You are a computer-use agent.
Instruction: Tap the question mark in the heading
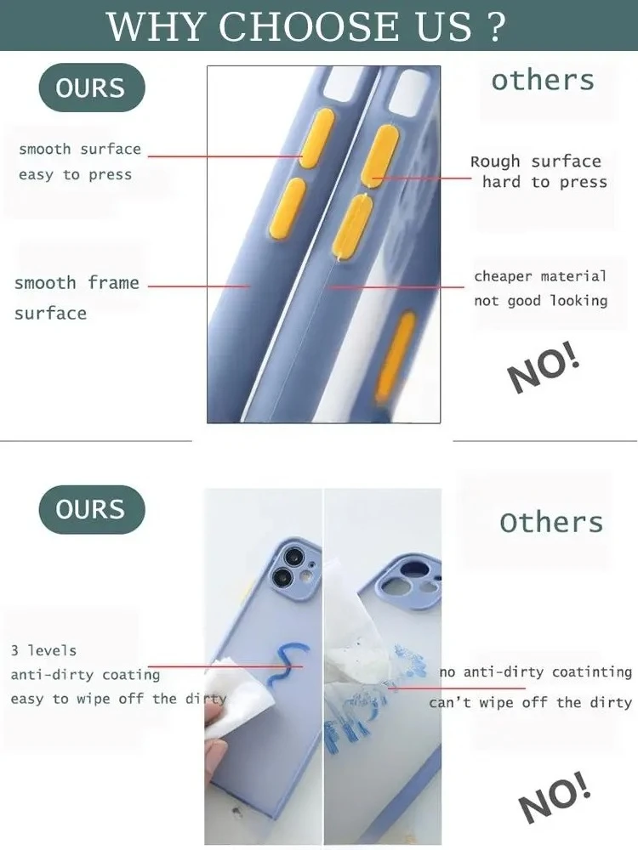(x=496, y=26)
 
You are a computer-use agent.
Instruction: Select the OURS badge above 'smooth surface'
(x=92, y=88)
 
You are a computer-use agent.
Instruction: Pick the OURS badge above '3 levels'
(x=92, y=509)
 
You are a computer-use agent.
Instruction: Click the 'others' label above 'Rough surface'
(x=543, y=80)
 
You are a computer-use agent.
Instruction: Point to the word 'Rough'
(x=495, y=161)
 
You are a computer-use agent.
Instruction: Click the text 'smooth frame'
(x=77, y=282)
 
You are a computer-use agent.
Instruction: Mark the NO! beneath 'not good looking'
(x=544, y=367)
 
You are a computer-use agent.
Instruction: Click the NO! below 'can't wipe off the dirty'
(x=554, y=796)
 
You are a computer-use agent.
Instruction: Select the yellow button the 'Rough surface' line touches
(x=380, y=156)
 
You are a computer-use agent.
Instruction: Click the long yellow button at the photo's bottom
(x=396, y=357)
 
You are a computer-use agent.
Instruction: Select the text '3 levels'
(x=43, y=650)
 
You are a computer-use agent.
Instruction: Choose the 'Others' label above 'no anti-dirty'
(x=551, y=522)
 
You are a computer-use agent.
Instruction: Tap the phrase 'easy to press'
(x=76, y=174)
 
